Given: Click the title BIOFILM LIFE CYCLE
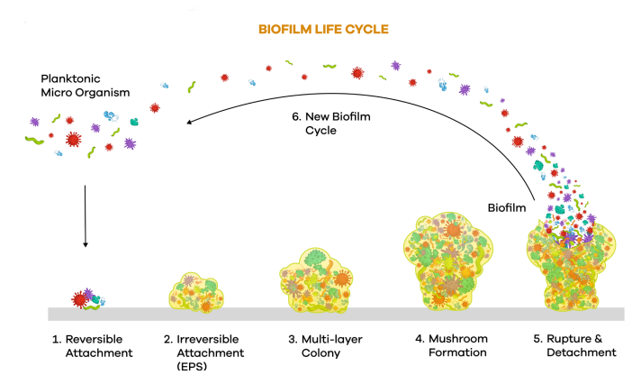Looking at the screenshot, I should coord(323,29).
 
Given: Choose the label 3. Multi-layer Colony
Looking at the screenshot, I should coord(315,345).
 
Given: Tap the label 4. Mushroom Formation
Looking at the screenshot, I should coord(446,345).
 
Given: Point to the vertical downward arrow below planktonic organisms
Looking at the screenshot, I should coord(85,216).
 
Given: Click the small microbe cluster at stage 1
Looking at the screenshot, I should coord(87,298).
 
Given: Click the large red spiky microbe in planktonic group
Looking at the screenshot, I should coord(74,140).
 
